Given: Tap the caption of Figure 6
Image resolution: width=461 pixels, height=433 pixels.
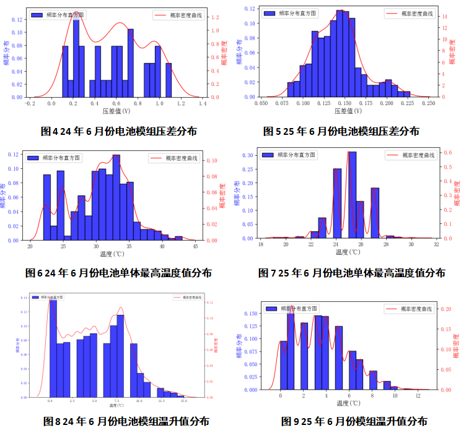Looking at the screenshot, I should click(119, 272).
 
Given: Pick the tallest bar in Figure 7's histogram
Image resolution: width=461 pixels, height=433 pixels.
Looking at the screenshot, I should click(352, 195).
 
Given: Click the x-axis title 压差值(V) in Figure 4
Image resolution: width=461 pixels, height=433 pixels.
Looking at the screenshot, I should click(116, 111).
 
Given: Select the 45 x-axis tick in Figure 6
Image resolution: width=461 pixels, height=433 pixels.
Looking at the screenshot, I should click(195, 246).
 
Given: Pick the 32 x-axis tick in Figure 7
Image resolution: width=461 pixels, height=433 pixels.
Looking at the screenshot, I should click(436, 244).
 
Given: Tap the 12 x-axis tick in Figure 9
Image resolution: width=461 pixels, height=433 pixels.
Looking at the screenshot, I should click(418, 395).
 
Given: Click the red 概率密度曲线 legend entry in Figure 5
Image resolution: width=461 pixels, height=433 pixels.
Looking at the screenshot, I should click(410, 13).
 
